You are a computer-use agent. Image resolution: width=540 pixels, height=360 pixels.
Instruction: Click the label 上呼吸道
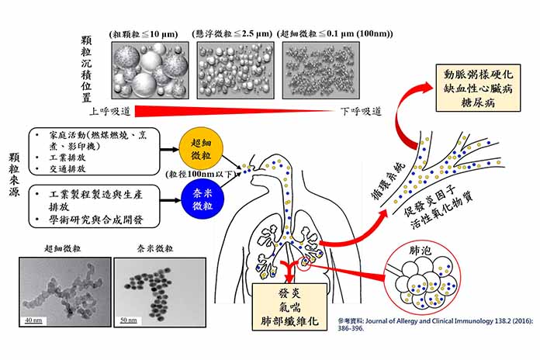pos(108,111)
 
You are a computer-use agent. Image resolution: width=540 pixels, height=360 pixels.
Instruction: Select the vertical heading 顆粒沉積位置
pos(87,64)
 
